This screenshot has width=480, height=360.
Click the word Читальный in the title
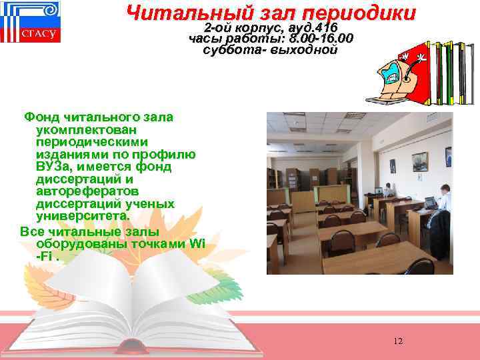click(x=172, y=12)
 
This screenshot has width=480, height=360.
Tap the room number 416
click(x=323, y=27)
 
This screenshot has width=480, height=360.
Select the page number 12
click(x=398, y=341)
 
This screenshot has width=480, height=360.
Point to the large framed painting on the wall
click(x=420, y=161)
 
